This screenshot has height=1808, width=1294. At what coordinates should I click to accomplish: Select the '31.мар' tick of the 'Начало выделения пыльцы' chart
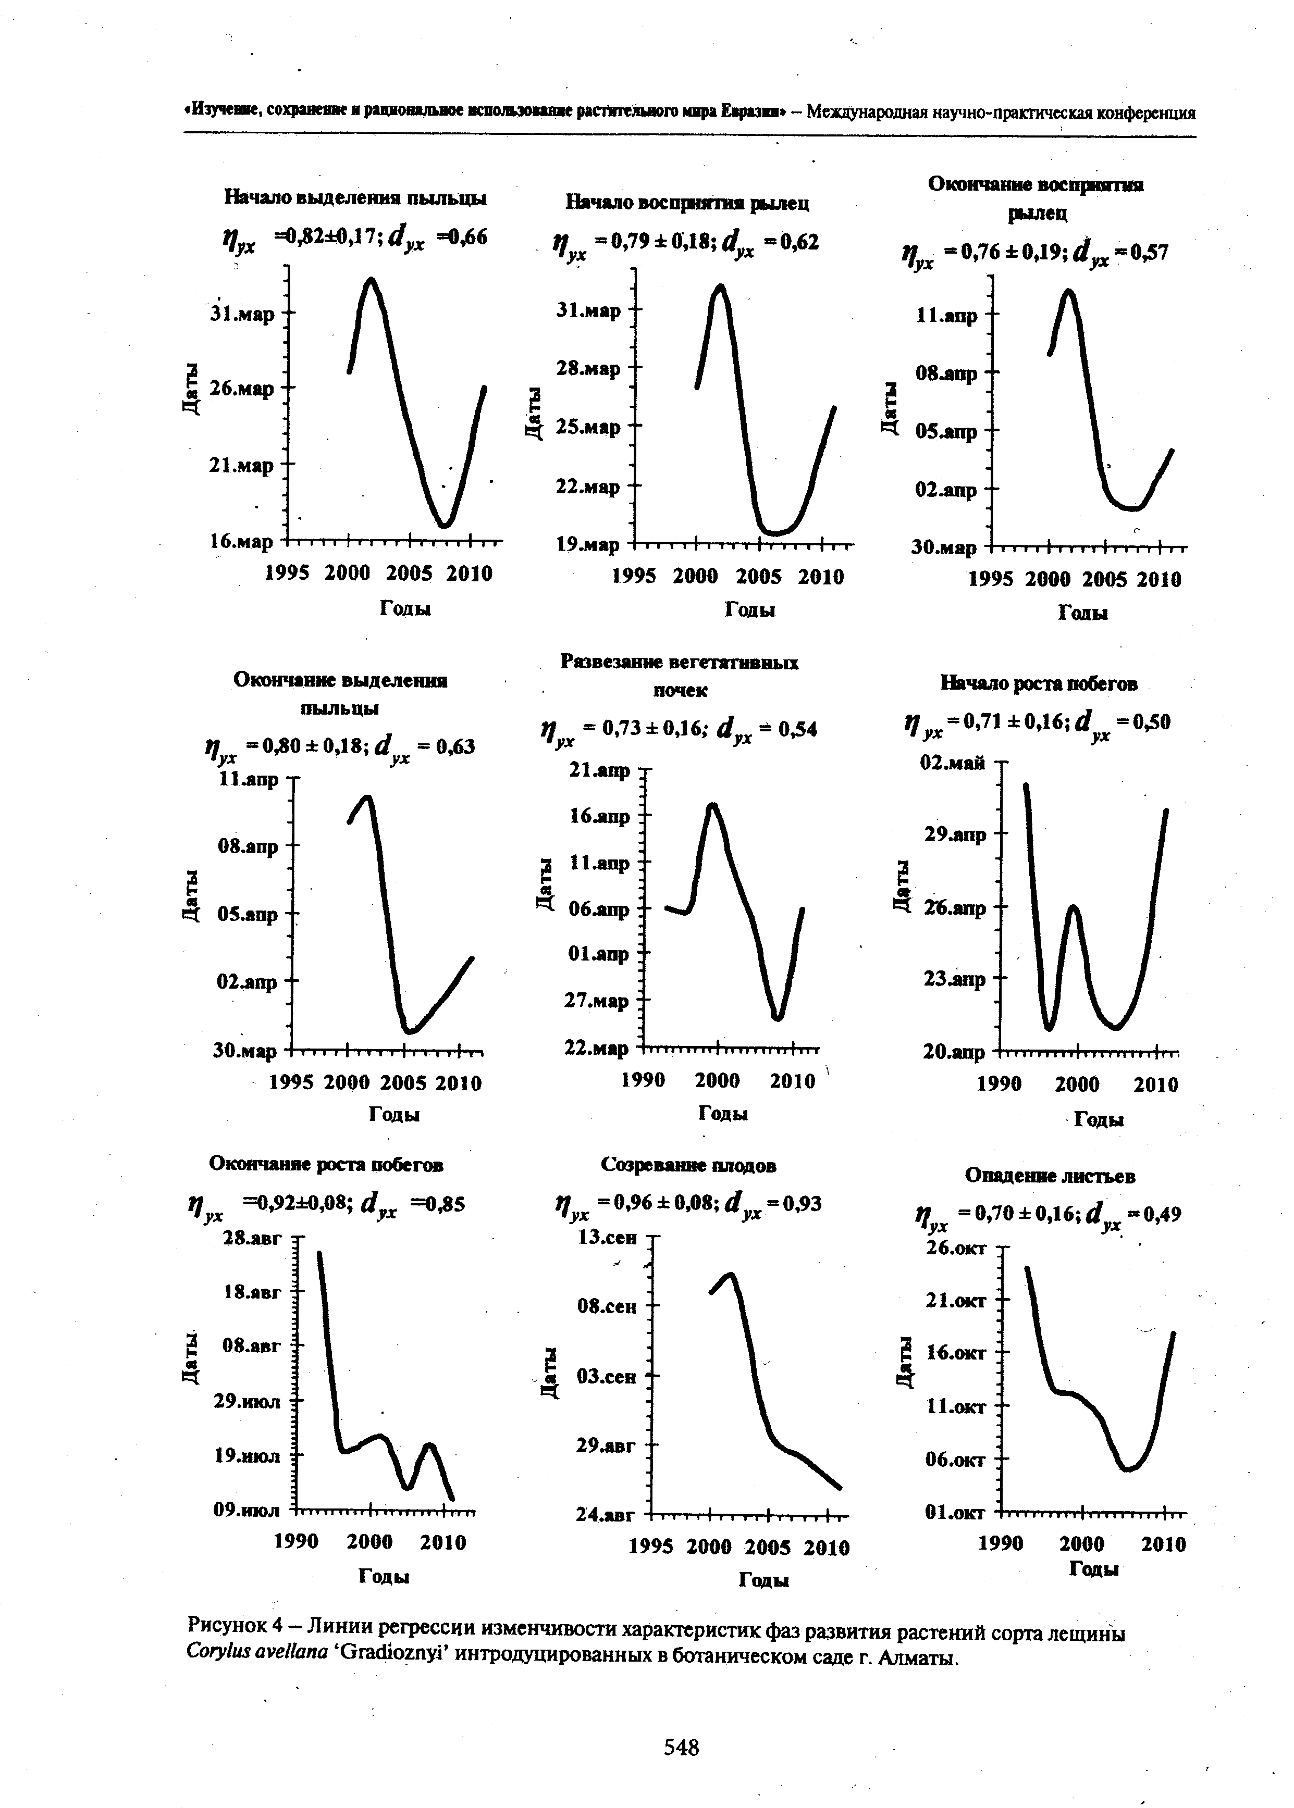pyautogui.click(x=243, y=313)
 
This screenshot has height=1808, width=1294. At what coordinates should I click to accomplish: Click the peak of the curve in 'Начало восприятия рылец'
pyautogui.click(x=720, y=286)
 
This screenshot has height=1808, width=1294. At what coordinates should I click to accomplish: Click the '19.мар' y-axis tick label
pyautogui.click(x=588, y=546)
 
